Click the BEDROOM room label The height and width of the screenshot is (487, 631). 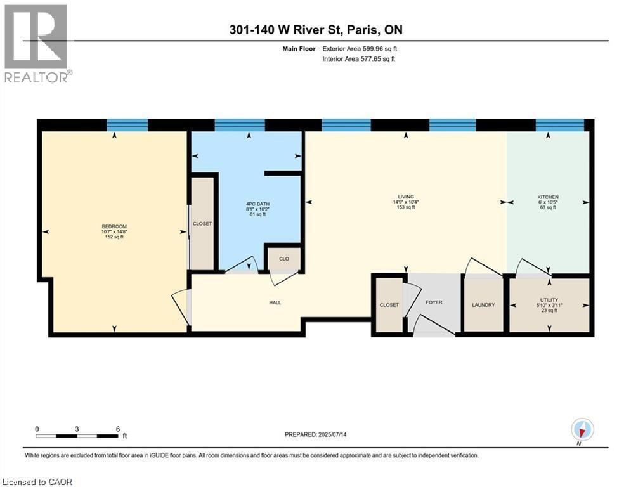[x=114, y=227]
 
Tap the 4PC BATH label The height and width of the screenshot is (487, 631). [x=256, y=203]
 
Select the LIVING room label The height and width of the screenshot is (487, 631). [x=406, y=197]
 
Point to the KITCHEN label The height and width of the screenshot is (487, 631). [x=547, y=197]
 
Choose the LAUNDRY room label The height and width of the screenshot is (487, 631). [x=483, y=305]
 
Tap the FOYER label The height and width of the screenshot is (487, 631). [x=434, y=302]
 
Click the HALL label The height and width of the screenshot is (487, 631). [x=275, y=302]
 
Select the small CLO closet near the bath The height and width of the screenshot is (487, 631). [x=284, y=259]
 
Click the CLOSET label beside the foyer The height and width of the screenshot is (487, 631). [x=389, y=305]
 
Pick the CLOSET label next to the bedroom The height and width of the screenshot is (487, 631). [x=202, y=224]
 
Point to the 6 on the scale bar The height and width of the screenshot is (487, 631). [x=118, y=429]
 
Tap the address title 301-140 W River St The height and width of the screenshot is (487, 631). [x=315, y=30]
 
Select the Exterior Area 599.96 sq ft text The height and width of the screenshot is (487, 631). [x=362, y=48]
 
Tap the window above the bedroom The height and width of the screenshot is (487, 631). [x=127, y=124]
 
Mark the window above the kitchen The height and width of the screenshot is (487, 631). [x=559, y=124]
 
